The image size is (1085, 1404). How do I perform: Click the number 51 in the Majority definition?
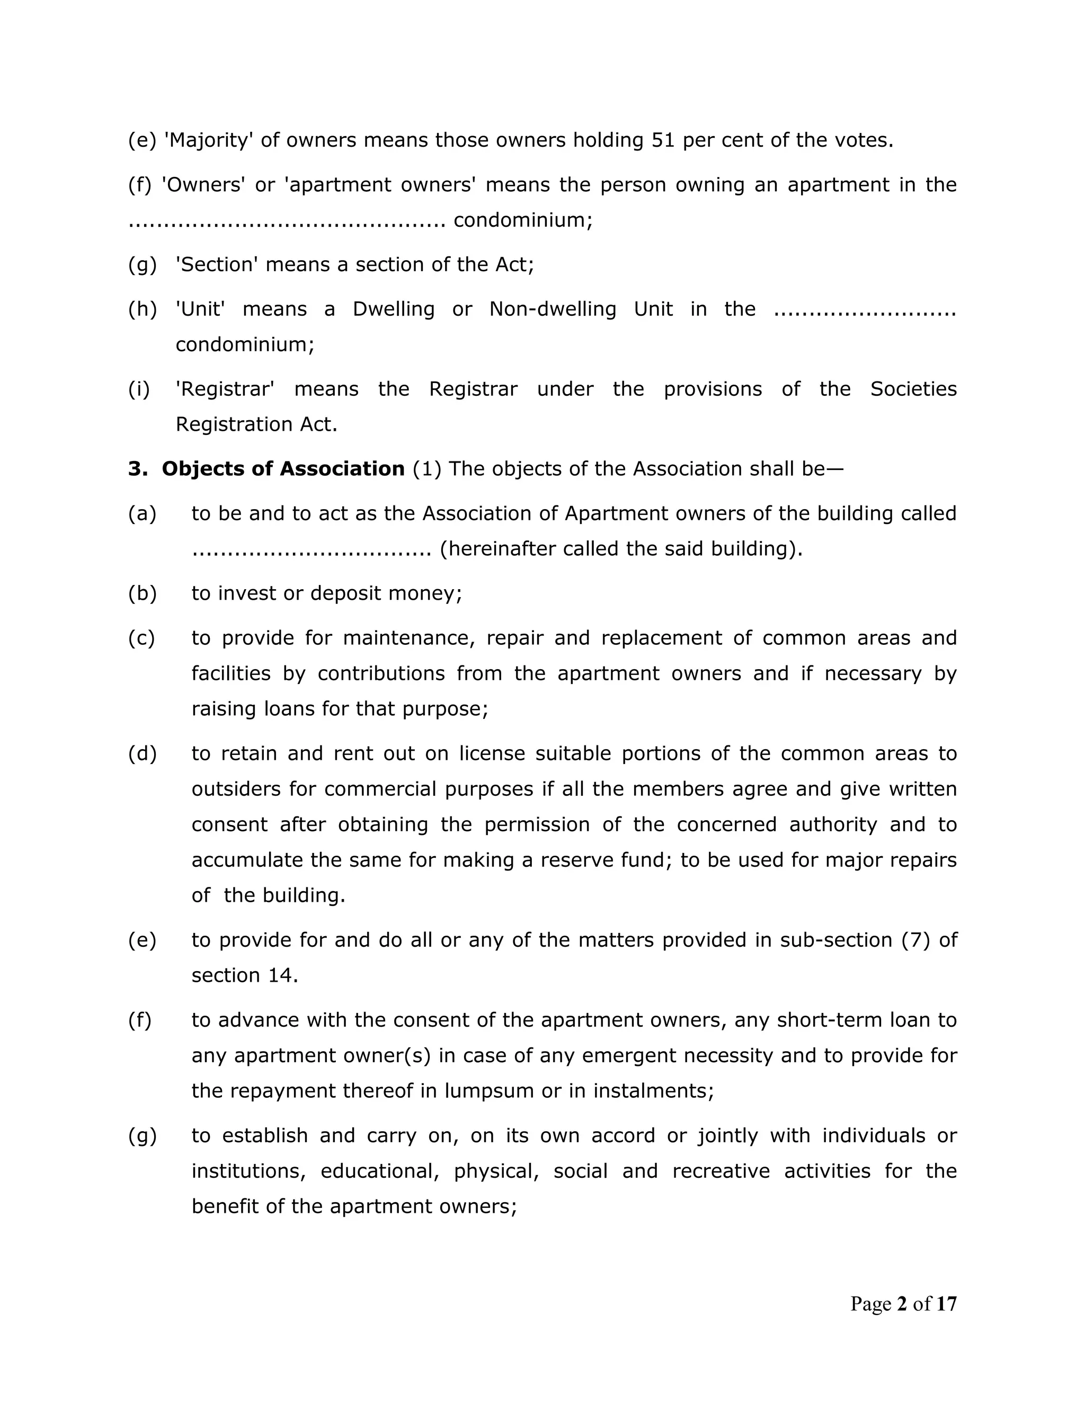pos(663,140)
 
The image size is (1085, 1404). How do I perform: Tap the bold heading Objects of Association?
pos(283,469)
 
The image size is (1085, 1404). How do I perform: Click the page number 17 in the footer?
pos(946,1304)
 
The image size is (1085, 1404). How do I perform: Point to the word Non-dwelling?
pos(552,309)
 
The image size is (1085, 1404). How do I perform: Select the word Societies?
pos(913,389)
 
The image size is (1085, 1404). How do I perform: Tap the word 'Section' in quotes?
pos(217,265)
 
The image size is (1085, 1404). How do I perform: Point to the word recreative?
pos(721,1171)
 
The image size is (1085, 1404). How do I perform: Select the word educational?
pos(379,1171)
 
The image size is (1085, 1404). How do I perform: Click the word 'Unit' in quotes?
pos(200,309)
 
